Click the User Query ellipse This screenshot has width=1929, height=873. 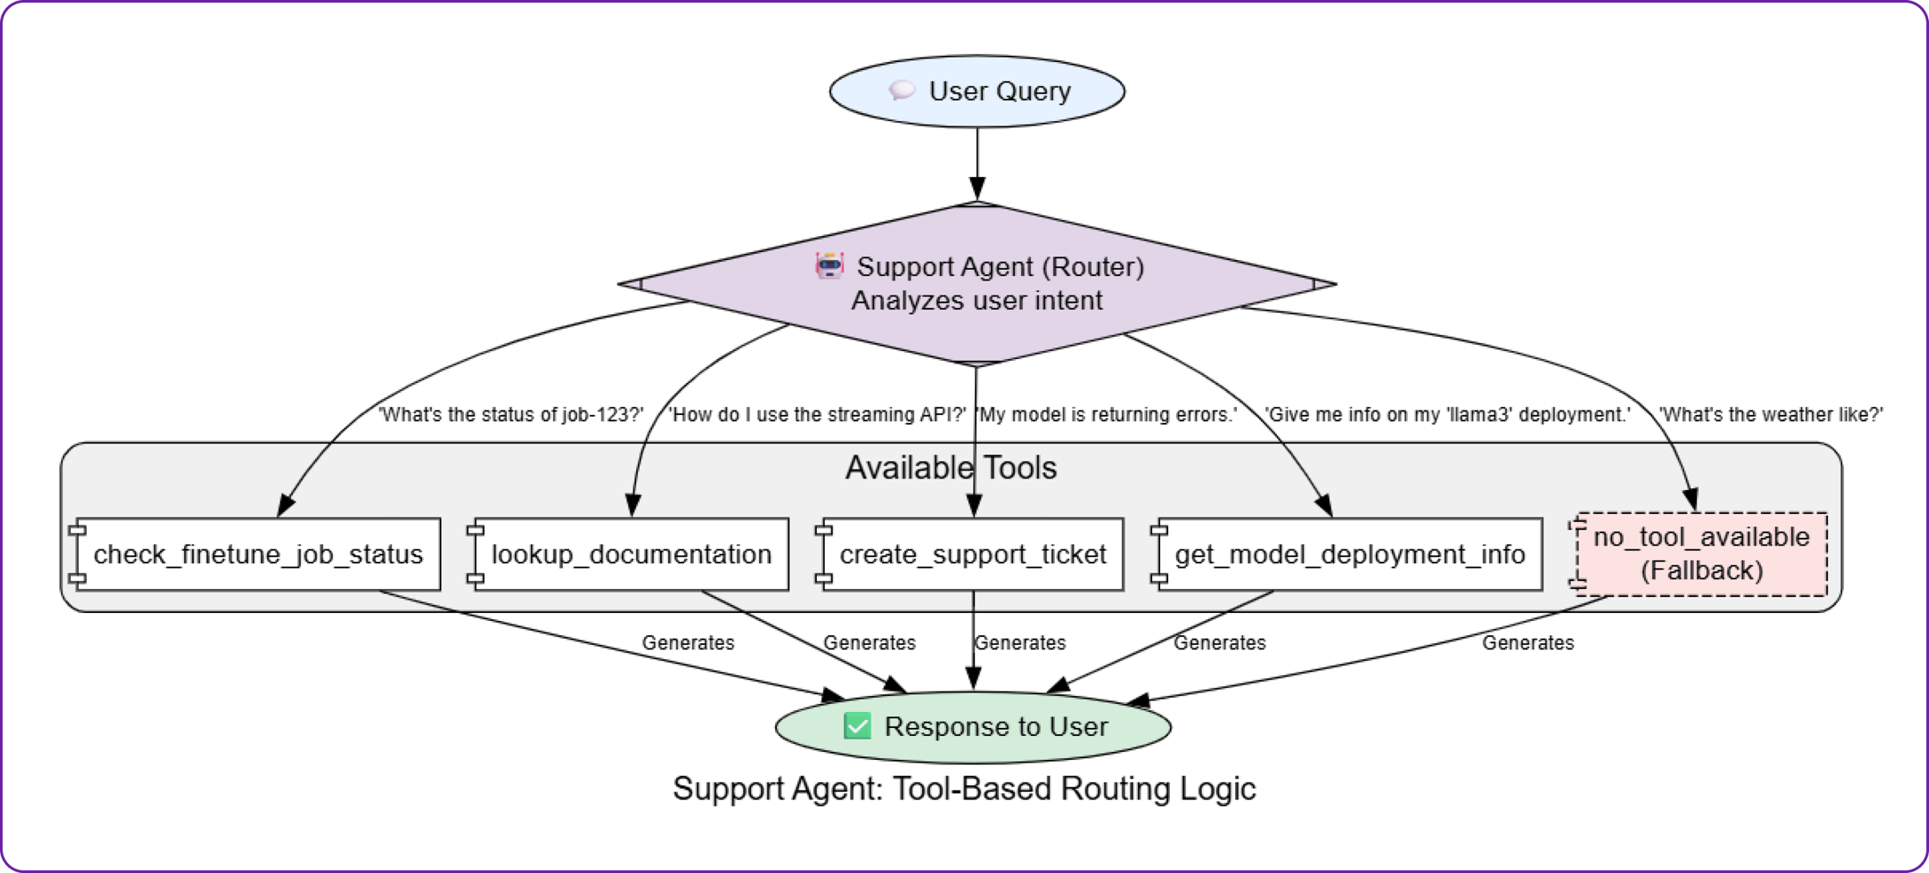pos(977,91)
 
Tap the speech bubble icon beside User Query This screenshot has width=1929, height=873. pos(902,90)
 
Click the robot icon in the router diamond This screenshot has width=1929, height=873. pos(829,265)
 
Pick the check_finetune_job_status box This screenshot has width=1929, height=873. pos(257,555)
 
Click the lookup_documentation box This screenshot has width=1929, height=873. pos(630,555)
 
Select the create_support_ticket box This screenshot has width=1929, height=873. pos(972,555)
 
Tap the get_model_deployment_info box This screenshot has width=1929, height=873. pos(1349,555)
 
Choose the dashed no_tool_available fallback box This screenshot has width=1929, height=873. pos(1701,554)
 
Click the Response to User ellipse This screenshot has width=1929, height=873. pos(973,727)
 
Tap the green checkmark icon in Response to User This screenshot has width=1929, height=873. pos(857,726)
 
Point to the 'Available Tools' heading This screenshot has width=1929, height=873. pos(950,468)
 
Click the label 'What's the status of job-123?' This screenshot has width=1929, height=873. pos(511,414)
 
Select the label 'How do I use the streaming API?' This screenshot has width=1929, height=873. pos(817,414)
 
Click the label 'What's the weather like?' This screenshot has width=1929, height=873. pos(1771,414)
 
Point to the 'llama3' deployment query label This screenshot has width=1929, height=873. pos(1447,414)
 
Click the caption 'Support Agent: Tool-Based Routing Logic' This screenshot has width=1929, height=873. pos(964,789)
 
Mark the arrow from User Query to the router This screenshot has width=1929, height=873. pos(977,165)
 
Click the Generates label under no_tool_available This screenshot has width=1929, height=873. pos(1528,643)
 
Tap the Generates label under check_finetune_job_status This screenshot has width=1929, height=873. pos(688,643)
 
